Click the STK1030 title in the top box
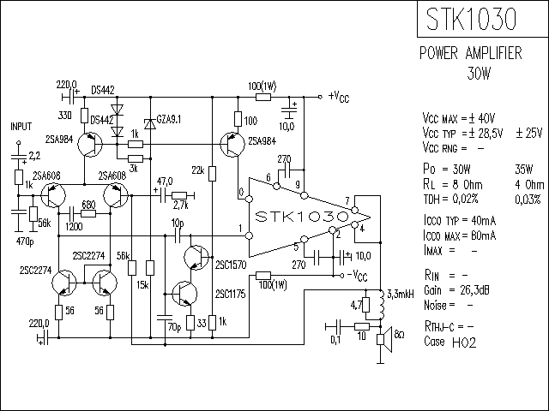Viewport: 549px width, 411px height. (471, 19)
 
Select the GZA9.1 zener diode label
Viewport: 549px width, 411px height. (169, 120)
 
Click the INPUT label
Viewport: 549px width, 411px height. (21, 126)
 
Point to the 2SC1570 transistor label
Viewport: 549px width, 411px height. (231, 265)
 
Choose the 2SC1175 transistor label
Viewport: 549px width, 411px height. (231, 294)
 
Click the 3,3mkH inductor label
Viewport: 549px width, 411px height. (401, 295)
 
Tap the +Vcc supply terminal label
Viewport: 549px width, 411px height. (339, 97)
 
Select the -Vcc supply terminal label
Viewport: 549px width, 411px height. (357, 276)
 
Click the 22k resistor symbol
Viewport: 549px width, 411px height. (212, 174)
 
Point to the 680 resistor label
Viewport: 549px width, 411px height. (88, 205)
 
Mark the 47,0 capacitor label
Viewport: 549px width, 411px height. (165, 182)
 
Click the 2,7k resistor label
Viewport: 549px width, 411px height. (181, 205)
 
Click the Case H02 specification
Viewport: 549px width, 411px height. (450, 342)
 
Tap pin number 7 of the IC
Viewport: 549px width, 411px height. (347, 201)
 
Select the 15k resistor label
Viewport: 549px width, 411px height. (142, 285)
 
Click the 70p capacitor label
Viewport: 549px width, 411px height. (174, 327)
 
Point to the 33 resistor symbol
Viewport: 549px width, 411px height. (190, 323)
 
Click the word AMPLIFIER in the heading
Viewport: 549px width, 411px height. (494, 53)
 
